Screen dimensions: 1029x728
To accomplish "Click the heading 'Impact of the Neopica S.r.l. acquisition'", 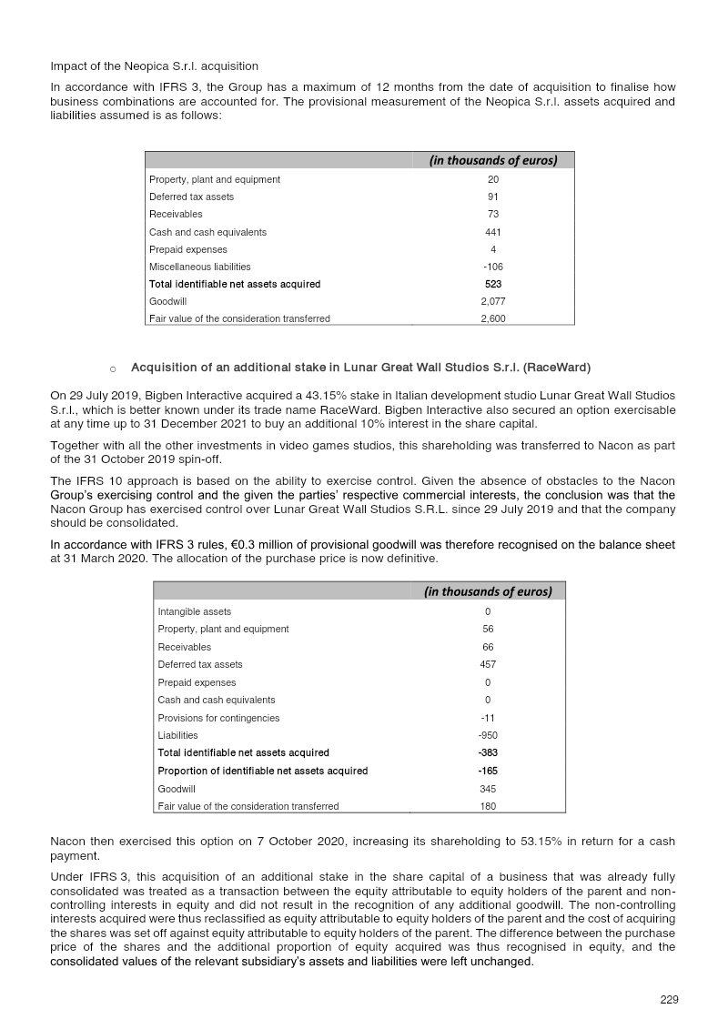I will tap(154, 66).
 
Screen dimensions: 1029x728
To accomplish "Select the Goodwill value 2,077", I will tap(492, 301).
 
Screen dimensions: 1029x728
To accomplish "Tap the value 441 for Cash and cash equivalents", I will tap(492, 232).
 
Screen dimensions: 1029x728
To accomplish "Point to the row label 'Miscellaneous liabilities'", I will tap(199, 267).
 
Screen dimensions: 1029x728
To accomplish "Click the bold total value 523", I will tap(492, 284).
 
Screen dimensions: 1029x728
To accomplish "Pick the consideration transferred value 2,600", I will tap(492, 318).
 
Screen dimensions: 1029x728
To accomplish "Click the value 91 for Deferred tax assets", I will tap(492, 197).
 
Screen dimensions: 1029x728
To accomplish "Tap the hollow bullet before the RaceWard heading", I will tap(112, 368).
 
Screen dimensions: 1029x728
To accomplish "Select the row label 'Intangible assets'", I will tap(194, 611).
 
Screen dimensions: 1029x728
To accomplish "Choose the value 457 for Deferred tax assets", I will tap(488, 664).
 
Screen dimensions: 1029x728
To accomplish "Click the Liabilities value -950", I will tap(488, 735).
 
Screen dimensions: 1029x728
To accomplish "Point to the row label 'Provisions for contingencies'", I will tap(218, 718).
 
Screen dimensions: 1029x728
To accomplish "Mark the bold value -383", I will tap(488, 752).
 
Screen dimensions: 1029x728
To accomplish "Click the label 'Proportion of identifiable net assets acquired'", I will tap(262, 771).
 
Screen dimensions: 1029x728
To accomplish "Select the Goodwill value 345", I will tap(488, 789).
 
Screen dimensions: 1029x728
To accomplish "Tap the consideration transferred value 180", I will tap(488, 806).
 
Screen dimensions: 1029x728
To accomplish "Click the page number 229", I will tap(669, 1000).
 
